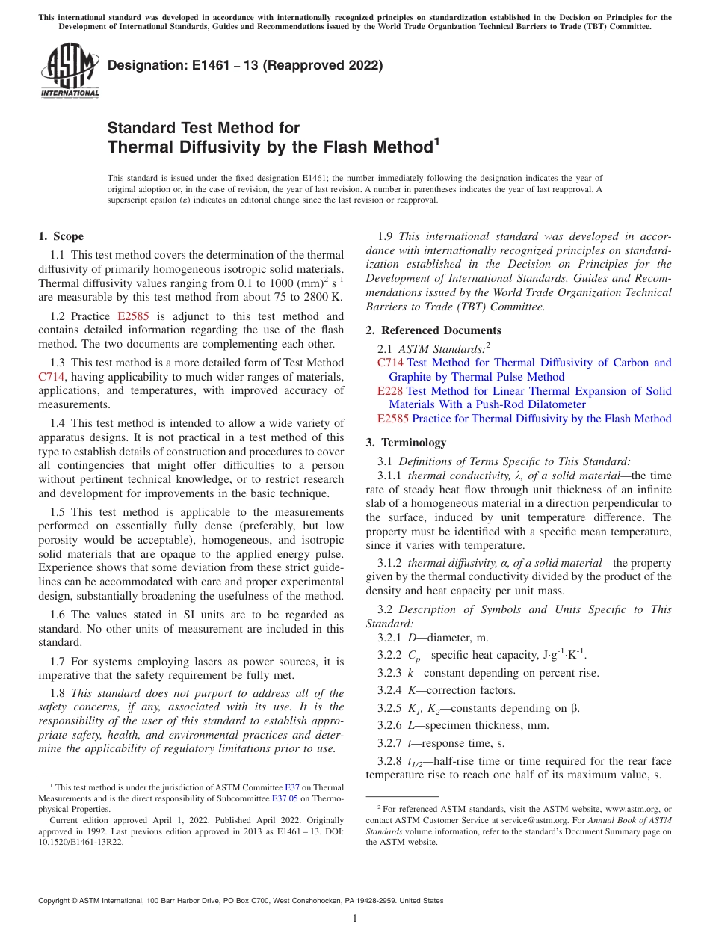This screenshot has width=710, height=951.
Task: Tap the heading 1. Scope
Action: (61, 237)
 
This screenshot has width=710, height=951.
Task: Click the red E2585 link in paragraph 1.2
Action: (134, 316)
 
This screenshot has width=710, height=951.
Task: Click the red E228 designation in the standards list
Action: (390, 391)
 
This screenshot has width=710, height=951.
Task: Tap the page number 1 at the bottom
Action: (355, 919)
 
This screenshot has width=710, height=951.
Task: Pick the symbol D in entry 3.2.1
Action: (412, 638)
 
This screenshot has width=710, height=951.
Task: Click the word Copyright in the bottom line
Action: (57, 901)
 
